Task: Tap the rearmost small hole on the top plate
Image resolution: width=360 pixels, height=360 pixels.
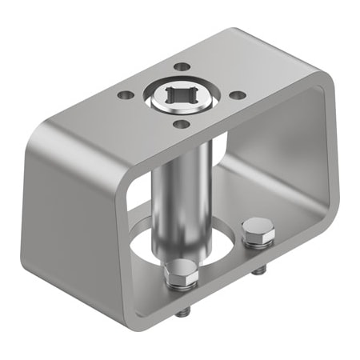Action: [x=182, y=67]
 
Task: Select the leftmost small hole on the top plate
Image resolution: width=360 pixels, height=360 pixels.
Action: [x=125, y=95]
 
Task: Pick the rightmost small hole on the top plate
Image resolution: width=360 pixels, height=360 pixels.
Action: [x=238, y=95]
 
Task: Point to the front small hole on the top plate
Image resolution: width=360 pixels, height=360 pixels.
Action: [x=182, y=124]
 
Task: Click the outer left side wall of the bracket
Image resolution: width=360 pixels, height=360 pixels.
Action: [x=72, y=208]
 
